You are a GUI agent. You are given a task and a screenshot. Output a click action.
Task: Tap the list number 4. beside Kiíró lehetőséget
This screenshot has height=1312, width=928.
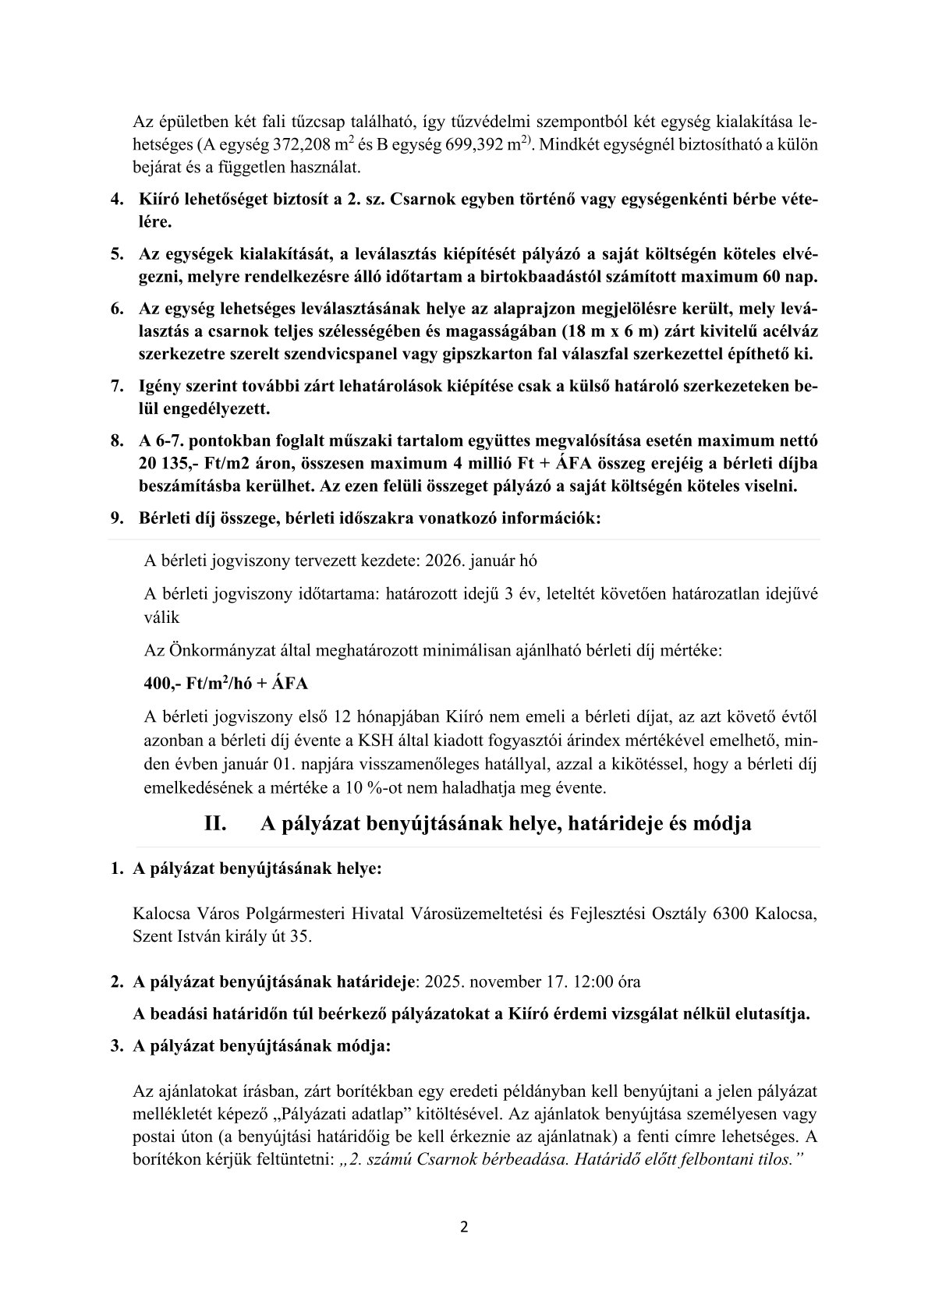(116, 200)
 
